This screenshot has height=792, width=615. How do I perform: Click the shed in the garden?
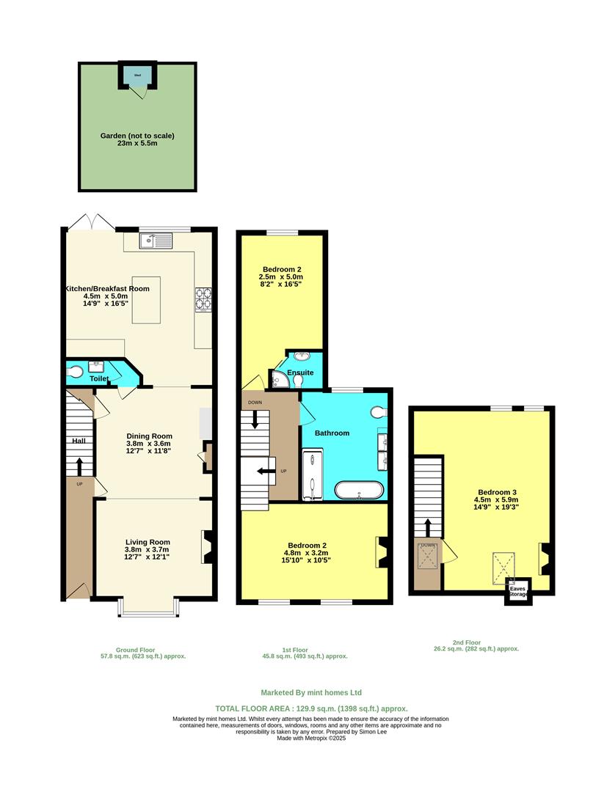pos(138,75)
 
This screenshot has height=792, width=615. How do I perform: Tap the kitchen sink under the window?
pos(158,240)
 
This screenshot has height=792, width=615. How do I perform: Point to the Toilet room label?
pos(99,379)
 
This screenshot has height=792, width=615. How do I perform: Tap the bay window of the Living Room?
pos(149,607)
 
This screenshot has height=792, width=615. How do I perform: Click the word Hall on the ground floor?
pos(79,441)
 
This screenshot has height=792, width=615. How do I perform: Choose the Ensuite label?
pos(300,373)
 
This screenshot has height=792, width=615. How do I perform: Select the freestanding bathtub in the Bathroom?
pos(359,490)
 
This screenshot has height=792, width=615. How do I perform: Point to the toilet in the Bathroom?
pos(379,411)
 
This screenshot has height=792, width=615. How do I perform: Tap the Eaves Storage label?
pos(518,591)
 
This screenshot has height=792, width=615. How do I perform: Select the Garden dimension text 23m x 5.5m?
pos(138,144)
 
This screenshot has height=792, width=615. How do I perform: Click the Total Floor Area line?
pos(311,708)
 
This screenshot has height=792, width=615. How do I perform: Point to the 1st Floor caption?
pos(294,650)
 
